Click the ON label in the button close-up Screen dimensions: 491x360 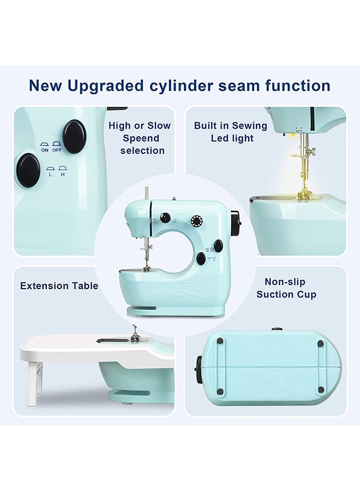[45, 149]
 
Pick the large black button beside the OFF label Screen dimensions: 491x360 [74, 136]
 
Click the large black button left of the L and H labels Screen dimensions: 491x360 [28, 170]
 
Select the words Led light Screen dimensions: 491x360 [232, 138]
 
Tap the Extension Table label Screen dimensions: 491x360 [59, 286]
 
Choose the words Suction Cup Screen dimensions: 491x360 [286, 295]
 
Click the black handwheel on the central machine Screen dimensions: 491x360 [235, 224]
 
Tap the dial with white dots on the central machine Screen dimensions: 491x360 [196, 221]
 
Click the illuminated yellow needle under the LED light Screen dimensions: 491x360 [300, 164]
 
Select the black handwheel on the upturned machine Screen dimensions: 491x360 [199, 369]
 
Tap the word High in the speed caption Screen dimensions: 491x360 [119, 125]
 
